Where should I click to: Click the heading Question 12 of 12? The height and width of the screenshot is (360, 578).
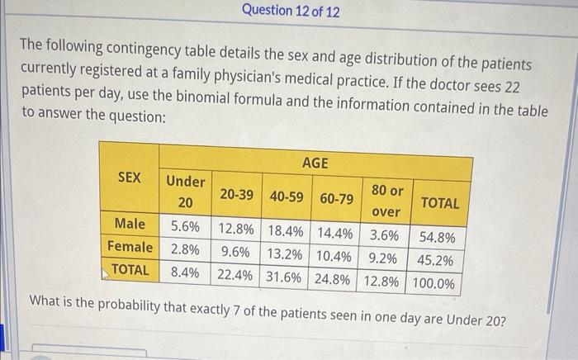coord(291,12)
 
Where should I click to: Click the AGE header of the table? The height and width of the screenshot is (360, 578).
coord(315,163)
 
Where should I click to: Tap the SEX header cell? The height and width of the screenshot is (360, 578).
coord(129,178)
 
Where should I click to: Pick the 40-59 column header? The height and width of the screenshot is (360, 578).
coord(287,197)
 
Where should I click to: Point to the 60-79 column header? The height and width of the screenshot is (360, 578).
coord(337,199)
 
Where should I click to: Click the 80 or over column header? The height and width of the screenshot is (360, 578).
coord(386,201)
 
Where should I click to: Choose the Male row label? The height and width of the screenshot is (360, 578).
coord(130,224)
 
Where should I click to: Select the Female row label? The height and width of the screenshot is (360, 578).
coord(130,247)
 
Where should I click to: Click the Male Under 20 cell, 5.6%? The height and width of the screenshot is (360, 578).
coord(185,225)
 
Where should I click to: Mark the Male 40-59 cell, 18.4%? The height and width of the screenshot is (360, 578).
coord(287,230)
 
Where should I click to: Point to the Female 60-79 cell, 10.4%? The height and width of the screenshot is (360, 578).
coord(336,255)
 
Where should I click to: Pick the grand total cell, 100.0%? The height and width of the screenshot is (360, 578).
coord(434,283)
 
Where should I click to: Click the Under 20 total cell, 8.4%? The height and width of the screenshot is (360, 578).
coord(185,272)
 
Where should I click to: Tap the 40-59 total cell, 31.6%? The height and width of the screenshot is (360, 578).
coord(286,277)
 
